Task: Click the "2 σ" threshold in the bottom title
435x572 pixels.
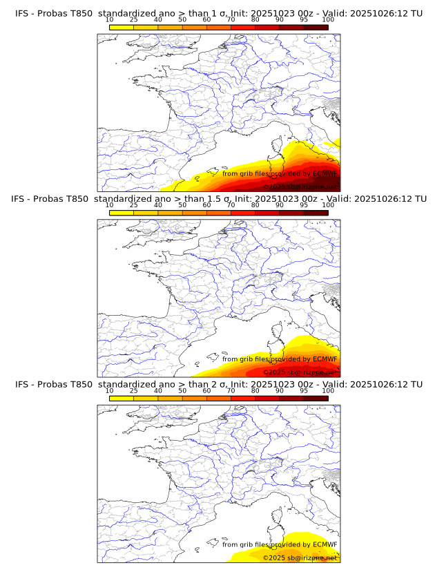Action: pyautogui.click(x=206, y=384)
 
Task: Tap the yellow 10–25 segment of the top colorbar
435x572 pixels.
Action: pyautogui.click(x=122, y=27)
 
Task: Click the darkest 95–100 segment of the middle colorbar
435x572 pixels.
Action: pyautogui.click(x=316, y=212)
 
